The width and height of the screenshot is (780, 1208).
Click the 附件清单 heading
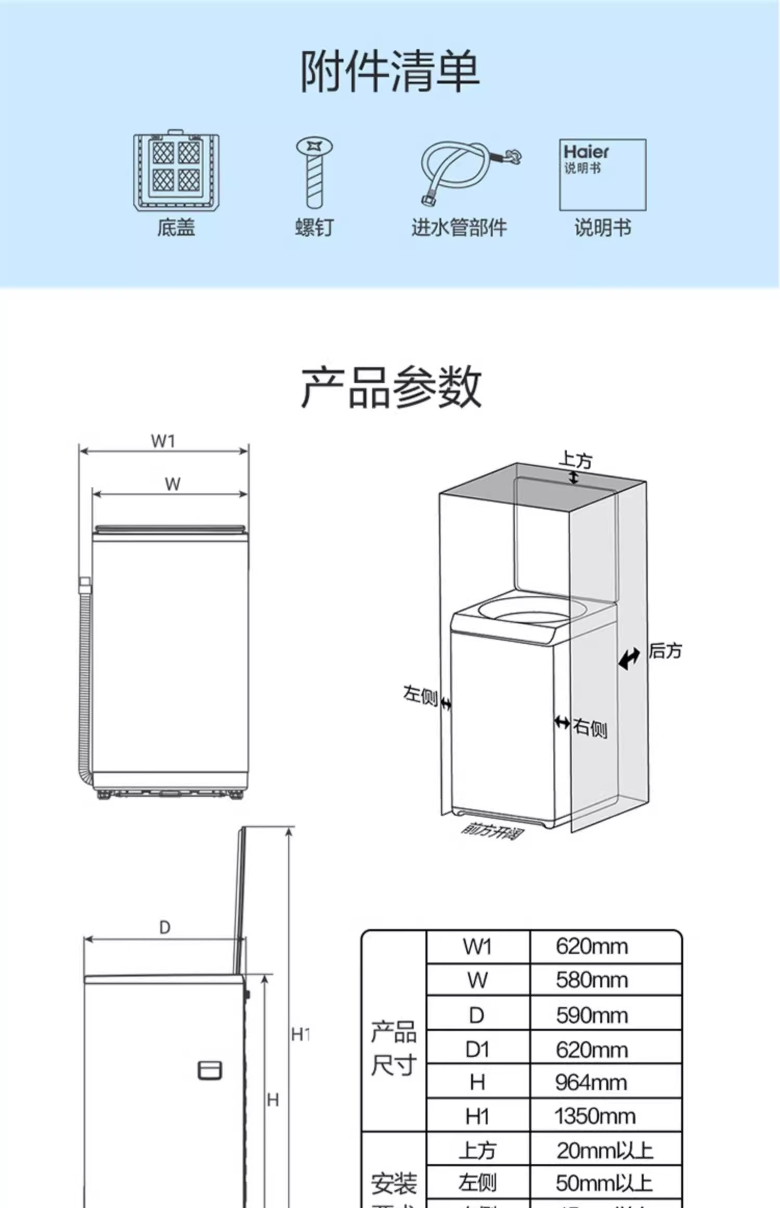click(390, 71)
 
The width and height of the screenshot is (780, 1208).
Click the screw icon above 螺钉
click(314, 173)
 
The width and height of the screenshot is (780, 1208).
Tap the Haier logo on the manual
click(586, 152)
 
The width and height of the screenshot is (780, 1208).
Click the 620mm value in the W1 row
click(592, 946)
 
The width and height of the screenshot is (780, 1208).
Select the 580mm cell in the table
click(592, 980)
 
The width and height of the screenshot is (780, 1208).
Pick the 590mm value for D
click(592, 1015)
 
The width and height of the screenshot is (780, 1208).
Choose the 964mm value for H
click(591, 1083)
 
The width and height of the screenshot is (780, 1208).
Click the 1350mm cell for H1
click(595, 1116)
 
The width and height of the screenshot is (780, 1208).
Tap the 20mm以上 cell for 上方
click(604, 1150)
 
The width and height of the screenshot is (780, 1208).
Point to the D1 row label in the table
click(477, 1049)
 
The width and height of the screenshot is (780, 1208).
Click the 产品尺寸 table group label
click(394, 1048)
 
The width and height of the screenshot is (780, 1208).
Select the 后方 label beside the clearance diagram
click(665, 650)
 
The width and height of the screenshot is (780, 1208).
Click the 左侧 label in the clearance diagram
click(420, 695)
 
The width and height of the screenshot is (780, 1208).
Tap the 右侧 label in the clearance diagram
click(590, 727)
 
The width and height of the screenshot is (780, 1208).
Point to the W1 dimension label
click(163, 441)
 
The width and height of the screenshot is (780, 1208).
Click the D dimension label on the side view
click(164, 927)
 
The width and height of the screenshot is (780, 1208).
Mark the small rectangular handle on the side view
click(210, 1071)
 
